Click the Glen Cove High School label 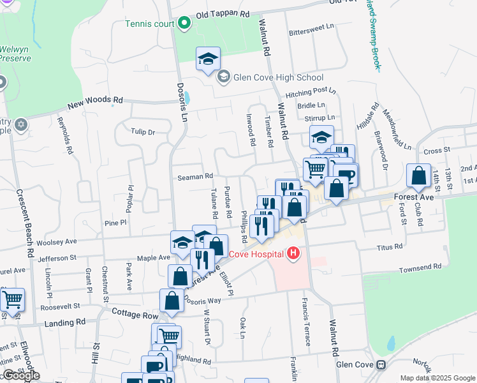coord(278,78)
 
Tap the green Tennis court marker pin coord(185,24)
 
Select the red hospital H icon coord(293,253)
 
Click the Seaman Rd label coord(195,176)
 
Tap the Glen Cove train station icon coord(381,365)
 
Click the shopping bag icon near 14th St coord(418,176)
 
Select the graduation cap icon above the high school coord(208,59)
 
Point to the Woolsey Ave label coord(58,241)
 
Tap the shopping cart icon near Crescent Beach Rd coord(12,299)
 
